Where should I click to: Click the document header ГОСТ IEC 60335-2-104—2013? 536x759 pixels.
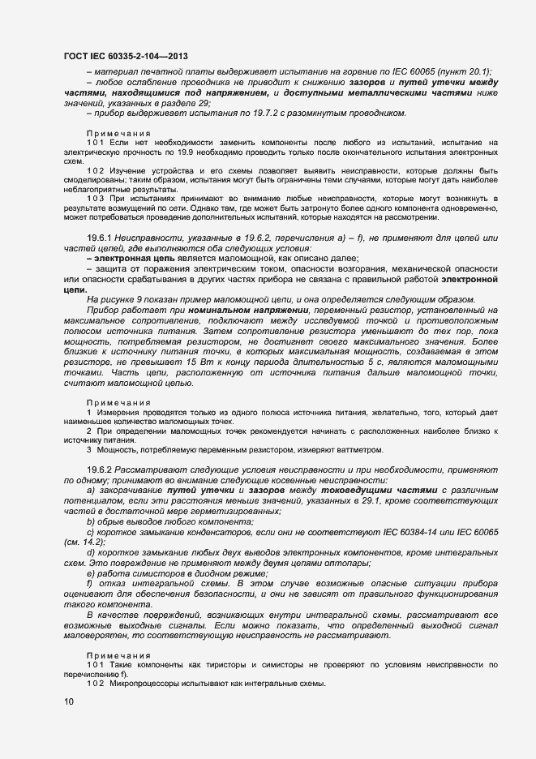[126, 56]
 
